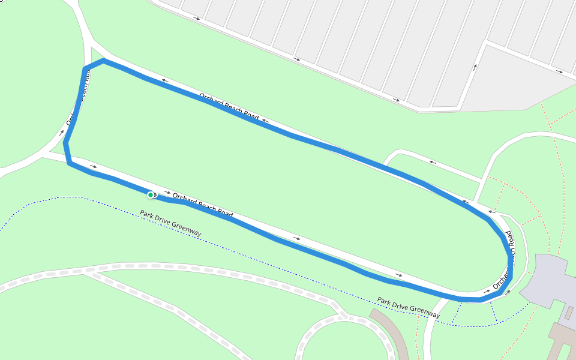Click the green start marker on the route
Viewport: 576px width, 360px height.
pos(151,194)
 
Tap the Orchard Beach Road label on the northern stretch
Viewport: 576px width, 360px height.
pos(229,107)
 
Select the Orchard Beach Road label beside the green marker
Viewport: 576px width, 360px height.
pos(202,205)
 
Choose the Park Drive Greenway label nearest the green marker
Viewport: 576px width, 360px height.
pos(170,223)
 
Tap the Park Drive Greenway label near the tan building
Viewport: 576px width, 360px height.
pos(408,307)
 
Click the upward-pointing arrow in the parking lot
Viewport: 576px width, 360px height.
pos(475,67)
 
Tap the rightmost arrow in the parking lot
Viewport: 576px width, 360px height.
pos(559,72)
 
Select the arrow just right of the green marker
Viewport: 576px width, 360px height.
pos(167,192)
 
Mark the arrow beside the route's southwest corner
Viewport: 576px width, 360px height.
pos(93,166)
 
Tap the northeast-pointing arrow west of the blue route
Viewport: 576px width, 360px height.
pos(61,132)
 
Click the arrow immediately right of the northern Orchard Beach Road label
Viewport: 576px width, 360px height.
pos(265,121)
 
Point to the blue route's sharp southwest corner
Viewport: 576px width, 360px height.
pos(70,163)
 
